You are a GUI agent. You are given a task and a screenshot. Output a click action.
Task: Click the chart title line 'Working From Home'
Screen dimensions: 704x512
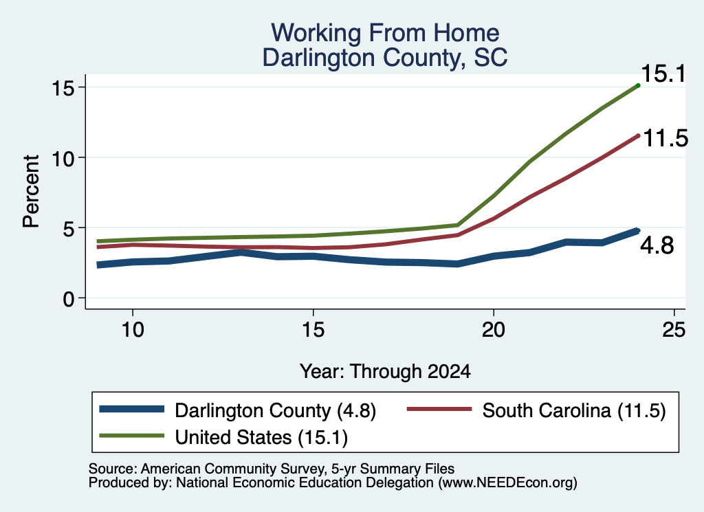point(385,33)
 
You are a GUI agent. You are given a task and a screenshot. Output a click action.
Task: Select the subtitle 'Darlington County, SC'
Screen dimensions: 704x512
point(385,58)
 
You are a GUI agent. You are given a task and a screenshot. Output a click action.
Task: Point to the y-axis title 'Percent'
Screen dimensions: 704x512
point(31,192)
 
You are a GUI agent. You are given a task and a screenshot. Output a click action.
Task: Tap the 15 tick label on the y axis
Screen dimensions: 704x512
point(63,87)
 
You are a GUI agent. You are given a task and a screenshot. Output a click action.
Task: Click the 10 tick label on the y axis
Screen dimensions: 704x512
point(63,158)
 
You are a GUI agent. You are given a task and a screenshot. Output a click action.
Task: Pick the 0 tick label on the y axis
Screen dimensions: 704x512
point(68,298)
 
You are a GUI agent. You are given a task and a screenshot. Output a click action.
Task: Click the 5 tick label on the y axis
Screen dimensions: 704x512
point(68,228)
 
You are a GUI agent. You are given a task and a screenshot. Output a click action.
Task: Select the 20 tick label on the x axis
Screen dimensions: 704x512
point(494,331)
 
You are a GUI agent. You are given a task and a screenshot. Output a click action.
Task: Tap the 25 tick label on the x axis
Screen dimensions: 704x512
point(674,331)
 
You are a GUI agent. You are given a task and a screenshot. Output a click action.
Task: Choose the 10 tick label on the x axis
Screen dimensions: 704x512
point(133,331)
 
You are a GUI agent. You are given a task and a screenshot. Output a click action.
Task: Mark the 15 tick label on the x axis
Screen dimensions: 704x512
point(313,331)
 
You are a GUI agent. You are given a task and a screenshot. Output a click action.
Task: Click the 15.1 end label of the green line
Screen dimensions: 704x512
point(663,74)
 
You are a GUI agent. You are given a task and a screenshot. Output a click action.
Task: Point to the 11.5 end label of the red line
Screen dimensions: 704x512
point(665,138)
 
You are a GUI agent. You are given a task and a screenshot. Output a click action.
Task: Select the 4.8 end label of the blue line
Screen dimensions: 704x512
point(657,246)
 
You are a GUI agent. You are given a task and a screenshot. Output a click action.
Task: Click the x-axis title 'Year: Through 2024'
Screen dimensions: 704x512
point(385,372)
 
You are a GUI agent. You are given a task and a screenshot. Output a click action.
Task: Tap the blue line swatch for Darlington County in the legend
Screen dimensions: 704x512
point(132,409)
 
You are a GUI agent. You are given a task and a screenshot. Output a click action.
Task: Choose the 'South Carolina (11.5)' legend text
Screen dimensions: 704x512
point(574,410)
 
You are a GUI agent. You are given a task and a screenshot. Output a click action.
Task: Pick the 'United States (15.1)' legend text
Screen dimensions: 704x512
point(261,437)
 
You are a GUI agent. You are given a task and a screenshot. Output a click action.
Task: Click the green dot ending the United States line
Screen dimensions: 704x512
point(638,85)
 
